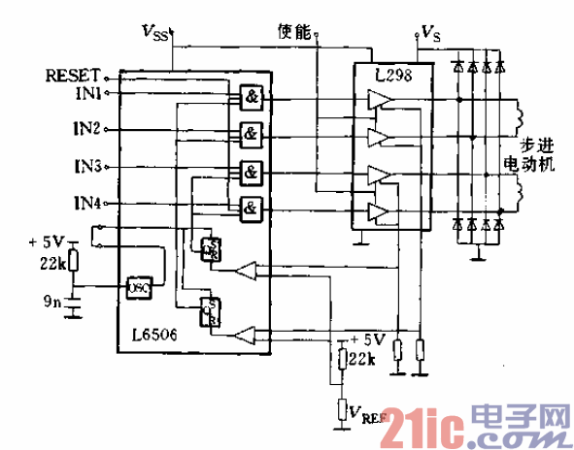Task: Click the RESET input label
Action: [72, 75]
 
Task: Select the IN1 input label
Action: [86, 93]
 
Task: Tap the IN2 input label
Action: [86, 127]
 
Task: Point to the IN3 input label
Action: [86, 166]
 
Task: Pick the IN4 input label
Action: [86, 203]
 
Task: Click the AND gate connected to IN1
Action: [250, 98]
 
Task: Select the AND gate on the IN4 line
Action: [250, 208]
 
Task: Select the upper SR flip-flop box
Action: [208, 248]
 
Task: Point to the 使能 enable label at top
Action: [293, 32]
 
